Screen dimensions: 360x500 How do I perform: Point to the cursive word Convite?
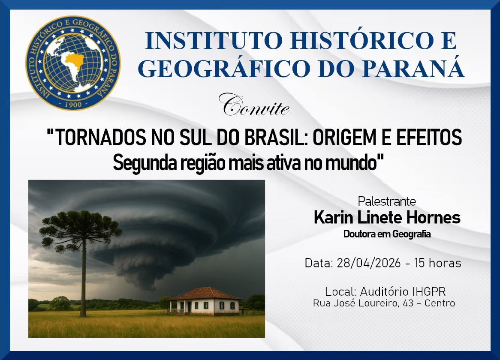[x=254, y=105]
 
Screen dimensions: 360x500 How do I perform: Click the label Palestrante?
[x=387, y=201]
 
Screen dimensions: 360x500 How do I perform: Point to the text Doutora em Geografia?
[x=387, y=234]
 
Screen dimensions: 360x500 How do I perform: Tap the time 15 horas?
[x=438, y=263]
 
